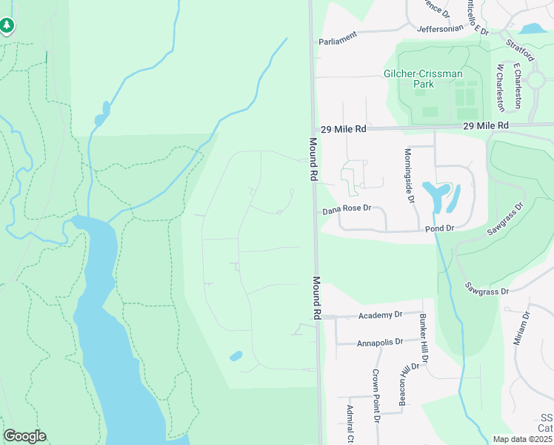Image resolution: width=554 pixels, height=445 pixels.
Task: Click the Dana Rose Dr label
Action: click(x=346, y=209)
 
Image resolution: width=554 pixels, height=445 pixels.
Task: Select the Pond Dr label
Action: click(x=438, y=229)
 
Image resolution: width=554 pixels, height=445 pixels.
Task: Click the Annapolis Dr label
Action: click(x=379, y=342)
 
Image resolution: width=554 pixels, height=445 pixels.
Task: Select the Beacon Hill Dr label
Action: click(x=404, y=385)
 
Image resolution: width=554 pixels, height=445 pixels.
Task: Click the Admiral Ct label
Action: click(x=350, y=424)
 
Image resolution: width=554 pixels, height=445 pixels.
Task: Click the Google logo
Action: click(x=24, y=436)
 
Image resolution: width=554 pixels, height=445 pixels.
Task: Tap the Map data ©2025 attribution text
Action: click(x=522, y=439)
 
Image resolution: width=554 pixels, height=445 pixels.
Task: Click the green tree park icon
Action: click(x=7, y=26)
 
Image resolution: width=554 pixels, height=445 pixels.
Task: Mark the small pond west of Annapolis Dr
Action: click(x=236, y=356)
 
